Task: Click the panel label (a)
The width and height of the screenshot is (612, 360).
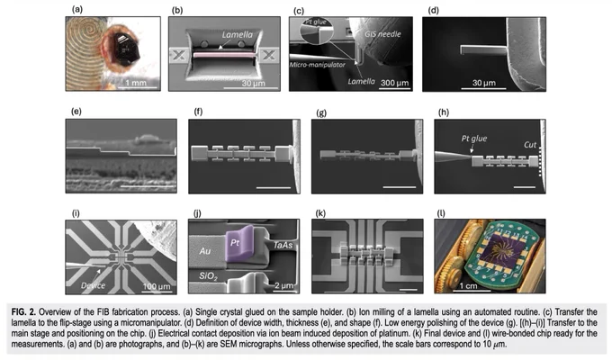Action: pyautogui.click(x=77, y=10)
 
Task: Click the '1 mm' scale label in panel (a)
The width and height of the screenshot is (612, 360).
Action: pyautogui.click(x=136, y=83)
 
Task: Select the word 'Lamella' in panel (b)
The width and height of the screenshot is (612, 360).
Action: pyautogui.click(x=238, y=35)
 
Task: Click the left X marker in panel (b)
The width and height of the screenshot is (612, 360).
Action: pyautogui.click(x=179, y=56)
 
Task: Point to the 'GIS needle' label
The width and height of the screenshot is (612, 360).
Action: pyautogui.click(x=382, y=34)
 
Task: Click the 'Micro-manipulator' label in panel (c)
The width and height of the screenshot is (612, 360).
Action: pyautogui.click(x=318, y=65)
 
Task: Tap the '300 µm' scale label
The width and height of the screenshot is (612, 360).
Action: pyautogui.click(x=394, y=83)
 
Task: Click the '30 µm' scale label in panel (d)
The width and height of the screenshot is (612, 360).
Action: pyautogui.click(x=484, y=83)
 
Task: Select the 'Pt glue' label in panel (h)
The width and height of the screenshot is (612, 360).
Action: pyautogui.click(x=474, y=139)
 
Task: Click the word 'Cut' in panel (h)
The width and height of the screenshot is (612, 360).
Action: pyautogui.click(x=530, y=145)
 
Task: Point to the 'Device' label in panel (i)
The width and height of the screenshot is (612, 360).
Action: pyautogui.click(x=93, y=285)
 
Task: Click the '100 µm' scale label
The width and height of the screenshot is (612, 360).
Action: pyautogui.click(x=157, y=286)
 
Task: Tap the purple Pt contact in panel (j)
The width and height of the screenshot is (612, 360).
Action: pyautogui.click(x=239, y=244)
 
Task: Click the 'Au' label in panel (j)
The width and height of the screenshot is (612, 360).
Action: pyautogui.click(x=205, y=251)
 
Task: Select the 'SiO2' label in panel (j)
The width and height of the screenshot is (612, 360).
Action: pyautogui.click(x=208, y=276)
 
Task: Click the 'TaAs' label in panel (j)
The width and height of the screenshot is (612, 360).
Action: pyautogui.click(x=283, y=245)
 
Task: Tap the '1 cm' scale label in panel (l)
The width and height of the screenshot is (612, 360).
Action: pyautogui.click(x=468, y=286)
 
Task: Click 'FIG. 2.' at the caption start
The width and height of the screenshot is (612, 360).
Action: pyautogui.click(x=23, y=312)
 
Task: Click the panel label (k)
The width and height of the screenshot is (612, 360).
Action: pyautogui.click(x=320, y=213)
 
